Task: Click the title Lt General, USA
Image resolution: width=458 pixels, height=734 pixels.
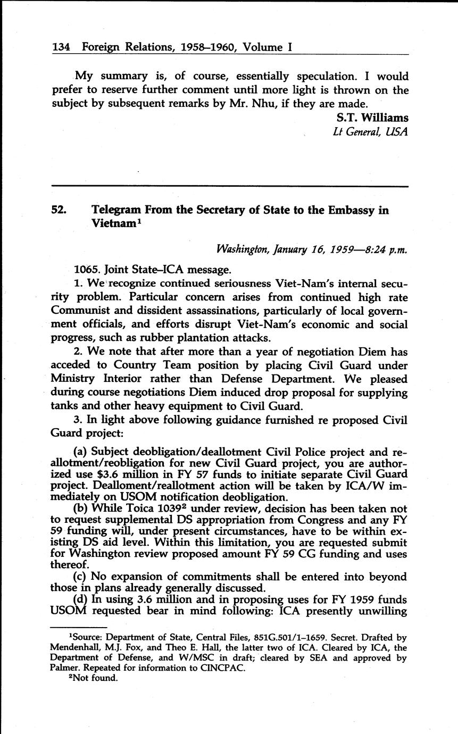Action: pos(370,132)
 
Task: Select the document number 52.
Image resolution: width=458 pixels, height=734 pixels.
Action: pos(59,210)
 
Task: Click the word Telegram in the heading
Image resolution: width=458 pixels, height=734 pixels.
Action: pos(118,210)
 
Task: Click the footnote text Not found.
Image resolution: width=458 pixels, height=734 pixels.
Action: pos(96,678)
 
